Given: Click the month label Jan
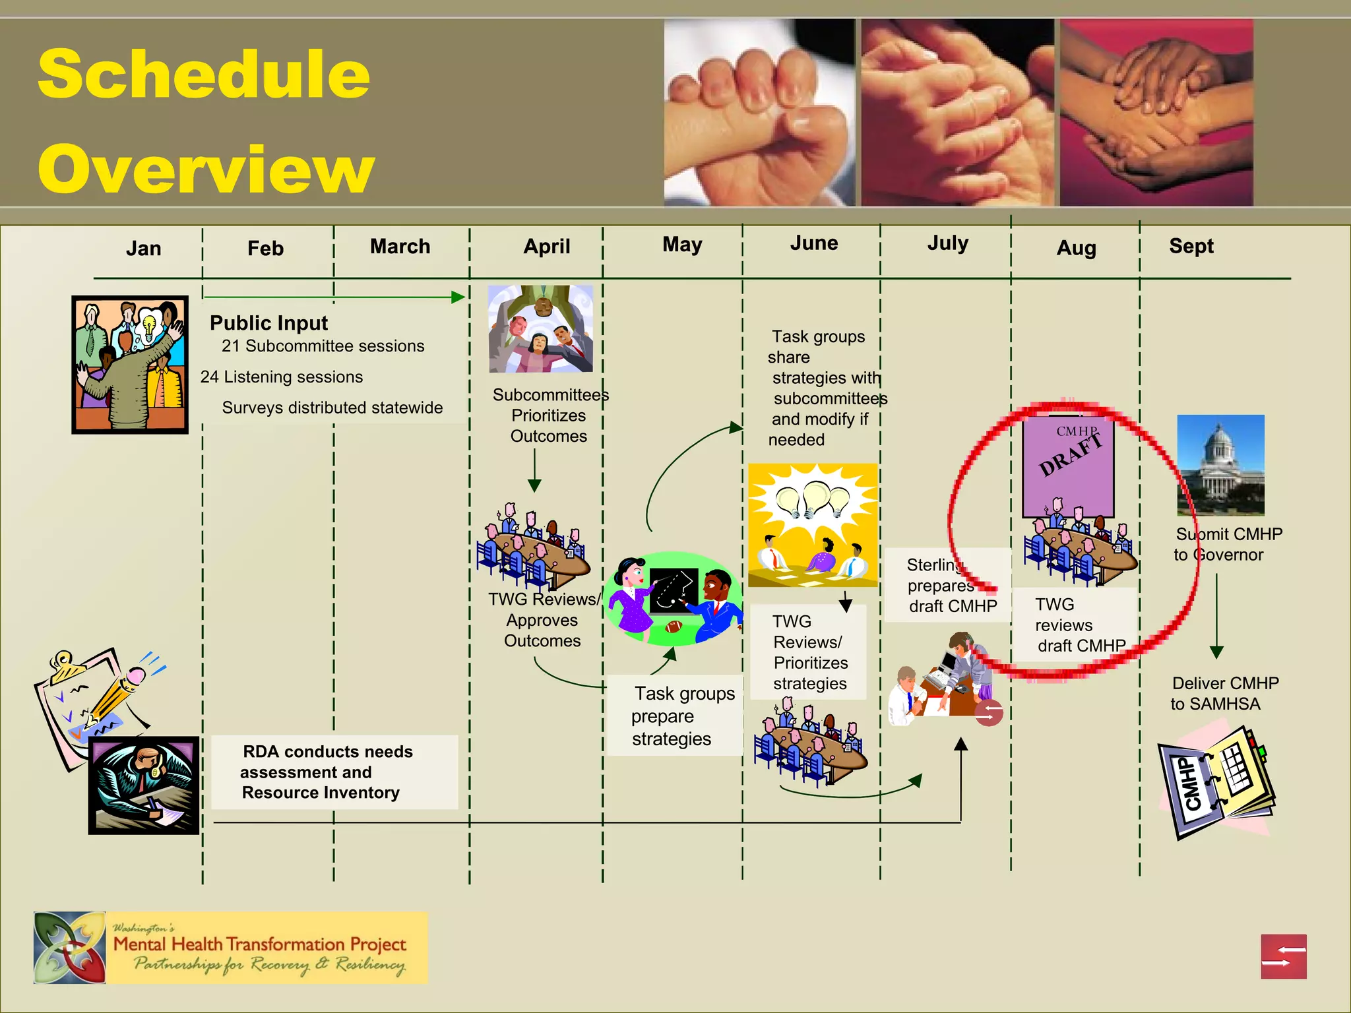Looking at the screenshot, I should click(x=143, y=249).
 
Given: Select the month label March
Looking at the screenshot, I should click(x=400, y=247).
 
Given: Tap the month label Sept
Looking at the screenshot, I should click(x=1191, y=246).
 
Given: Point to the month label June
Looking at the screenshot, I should click(x=814, y=243).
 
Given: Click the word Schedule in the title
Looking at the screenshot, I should click(x=204, y=74).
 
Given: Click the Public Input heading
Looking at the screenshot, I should click(x=268, y=323).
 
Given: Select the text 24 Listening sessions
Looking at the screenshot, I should click(x=282, y=377).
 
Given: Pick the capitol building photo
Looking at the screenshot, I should click(x=1220, y=465).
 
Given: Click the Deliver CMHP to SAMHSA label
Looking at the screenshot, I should click(x=1224, y=693).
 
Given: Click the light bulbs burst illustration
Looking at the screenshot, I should click(x=813, y=525).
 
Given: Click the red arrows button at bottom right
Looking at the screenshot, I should click(x=1283, y=956).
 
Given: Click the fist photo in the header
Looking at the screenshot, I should click(x=759, y=112).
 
